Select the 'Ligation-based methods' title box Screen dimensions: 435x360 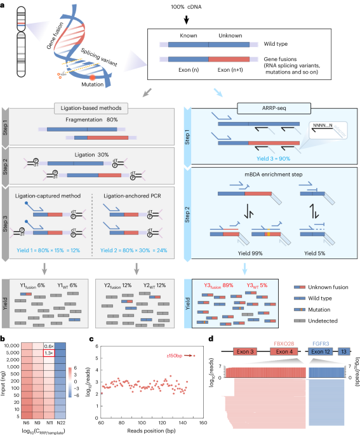pos(89,109)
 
